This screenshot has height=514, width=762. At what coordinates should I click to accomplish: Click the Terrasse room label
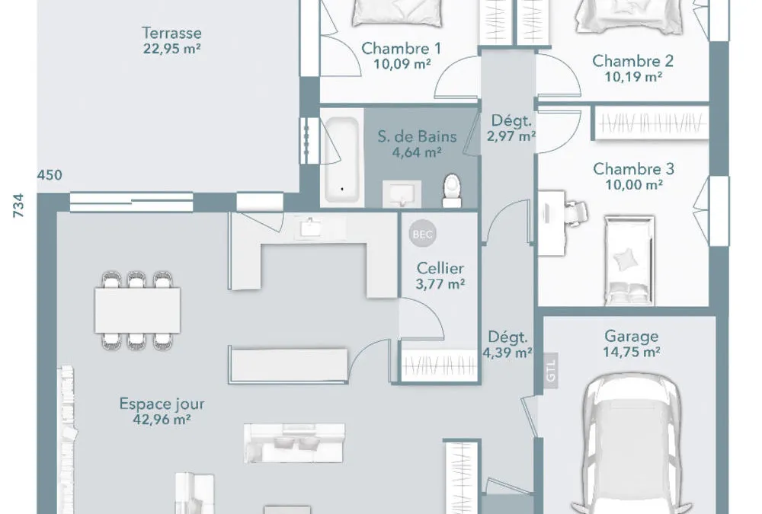pos(171,33)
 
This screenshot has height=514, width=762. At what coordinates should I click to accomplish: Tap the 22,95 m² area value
pos(172,49)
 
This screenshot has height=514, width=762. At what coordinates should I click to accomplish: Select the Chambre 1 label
pos(402,49)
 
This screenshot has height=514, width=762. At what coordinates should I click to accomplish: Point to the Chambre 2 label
pos(632,61)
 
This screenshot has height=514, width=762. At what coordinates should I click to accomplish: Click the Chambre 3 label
pos(633,169)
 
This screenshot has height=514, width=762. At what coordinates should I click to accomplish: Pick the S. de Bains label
pos(417,136)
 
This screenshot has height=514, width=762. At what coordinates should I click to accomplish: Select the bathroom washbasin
pos(402,194)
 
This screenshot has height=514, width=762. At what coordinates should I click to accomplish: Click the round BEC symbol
pos(422,235)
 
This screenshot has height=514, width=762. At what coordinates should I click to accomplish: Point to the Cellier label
pos(440,268)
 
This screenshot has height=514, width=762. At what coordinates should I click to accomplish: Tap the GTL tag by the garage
pos(551,371)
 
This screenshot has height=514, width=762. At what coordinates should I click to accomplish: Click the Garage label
pos(631,336)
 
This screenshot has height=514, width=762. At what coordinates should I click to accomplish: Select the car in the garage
pos(632,443)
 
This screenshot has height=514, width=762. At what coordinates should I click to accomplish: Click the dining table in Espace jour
pos(137,310)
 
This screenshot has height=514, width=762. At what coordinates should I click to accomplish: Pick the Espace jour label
pos(162,404)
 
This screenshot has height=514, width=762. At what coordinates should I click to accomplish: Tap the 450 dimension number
pos(50,175)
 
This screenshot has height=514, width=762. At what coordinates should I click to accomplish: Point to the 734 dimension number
pos(18,205)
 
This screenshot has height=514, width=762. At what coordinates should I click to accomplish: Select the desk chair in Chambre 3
pos(576,212)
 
